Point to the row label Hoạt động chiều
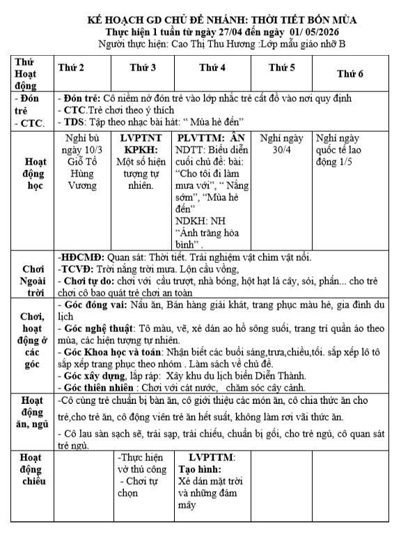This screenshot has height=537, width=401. coord(33,469)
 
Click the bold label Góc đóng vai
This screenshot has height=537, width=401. coord(90,305)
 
